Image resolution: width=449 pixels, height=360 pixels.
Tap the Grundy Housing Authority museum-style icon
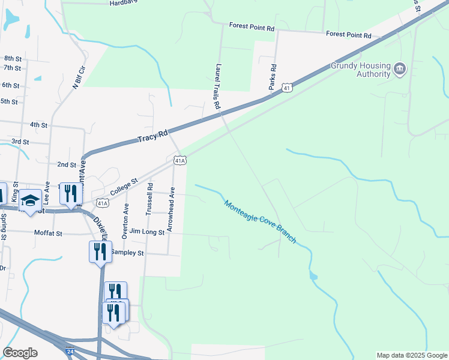(x=400, y=70)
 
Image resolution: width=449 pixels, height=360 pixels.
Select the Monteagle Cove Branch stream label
(x=261, y=221)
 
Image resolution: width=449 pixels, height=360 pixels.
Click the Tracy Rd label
(x=152, y=137)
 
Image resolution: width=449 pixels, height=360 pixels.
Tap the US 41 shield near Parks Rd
(x=289, y=88)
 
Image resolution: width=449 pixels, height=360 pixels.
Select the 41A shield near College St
(x=103, y=203)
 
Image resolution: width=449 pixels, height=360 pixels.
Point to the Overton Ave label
(x=125, y=221)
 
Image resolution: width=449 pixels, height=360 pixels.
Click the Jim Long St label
(x=147, y=232)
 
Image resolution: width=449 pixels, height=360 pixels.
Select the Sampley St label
(x=128, y=253)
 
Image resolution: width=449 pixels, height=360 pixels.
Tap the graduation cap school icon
(x=30, y=200)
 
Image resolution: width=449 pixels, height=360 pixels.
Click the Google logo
(x=20, y=353)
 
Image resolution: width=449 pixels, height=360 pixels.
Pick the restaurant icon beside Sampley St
(x=100, y=251)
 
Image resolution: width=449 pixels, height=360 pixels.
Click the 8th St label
(x=13, y=58)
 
